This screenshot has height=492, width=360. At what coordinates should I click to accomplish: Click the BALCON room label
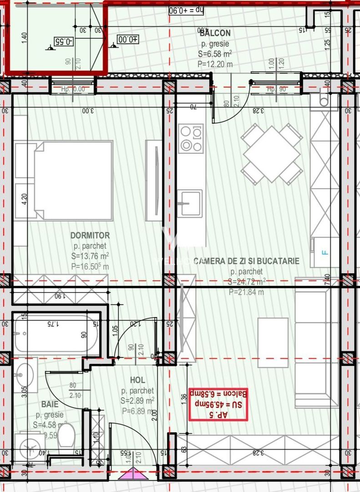(x=215, y=33)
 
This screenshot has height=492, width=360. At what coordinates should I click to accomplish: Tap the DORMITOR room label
(x=90, y=236)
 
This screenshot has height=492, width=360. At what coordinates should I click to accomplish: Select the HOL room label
(x=137, y=380)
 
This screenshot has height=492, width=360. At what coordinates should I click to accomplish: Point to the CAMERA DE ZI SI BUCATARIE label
(x=246, y=261)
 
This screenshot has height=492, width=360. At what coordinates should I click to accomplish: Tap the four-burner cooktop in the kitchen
(x=191, y=138)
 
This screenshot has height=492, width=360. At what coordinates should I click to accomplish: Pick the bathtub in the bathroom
(x=56, y=334)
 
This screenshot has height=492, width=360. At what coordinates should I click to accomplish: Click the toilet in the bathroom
(x=66, y=436)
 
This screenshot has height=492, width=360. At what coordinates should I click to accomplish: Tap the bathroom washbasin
(x=22, y=376)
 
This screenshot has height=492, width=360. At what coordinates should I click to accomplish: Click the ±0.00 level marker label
(x=128, y=40)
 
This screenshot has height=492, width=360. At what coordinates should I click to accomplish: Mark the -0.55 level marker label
(x=63, y=41)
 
